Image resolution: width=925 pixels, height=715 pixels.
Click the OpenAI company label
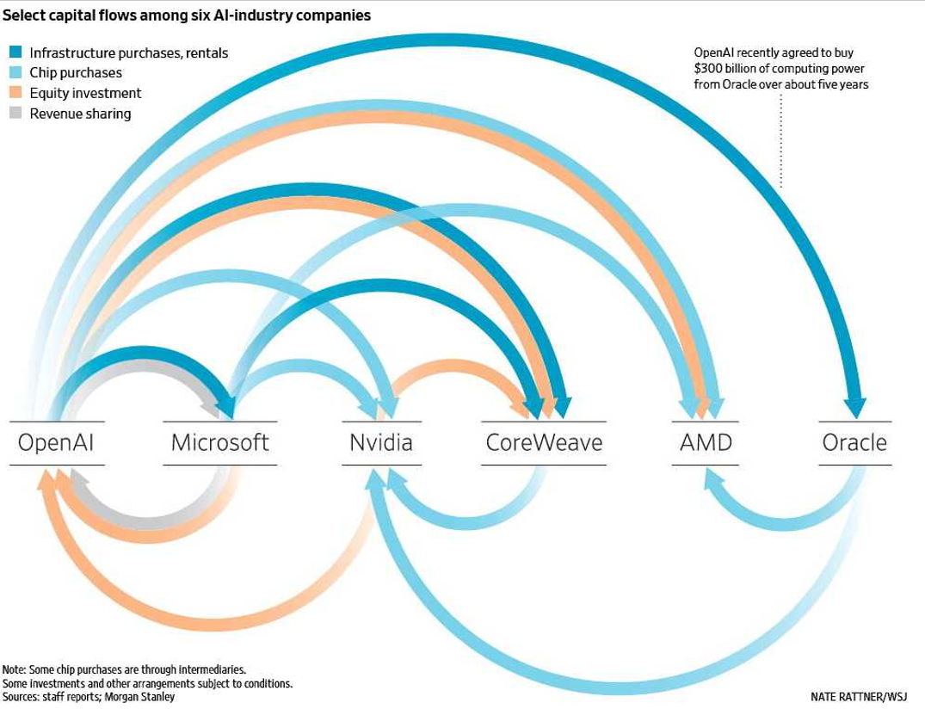(56, 443)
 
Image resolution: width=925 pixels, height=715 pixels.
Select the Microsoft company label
(219, 443)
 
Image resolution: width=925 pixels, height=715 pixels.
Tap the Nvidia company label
(381, 443)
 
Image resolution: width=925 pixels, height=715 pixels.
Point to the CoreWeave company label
(544, 443)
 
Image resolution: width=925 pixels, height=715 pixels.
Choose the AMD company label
(706, 443)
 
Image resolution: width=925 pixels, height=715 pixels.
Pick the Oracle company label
(854, 443)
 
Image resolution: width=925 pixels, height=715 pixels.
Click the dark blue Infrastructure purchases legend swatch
(15, 52)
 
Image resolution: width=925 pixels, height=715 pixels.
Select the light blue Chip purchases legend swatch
(15, 73)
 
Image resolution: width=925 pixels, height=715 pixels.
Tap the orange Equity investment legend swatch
(15, 93)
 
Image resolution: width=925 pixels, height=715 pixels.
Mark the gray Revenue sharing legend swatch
(15, 114)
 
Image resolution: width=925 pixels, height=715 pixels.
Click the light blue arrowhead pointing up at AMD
(708, 476)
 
